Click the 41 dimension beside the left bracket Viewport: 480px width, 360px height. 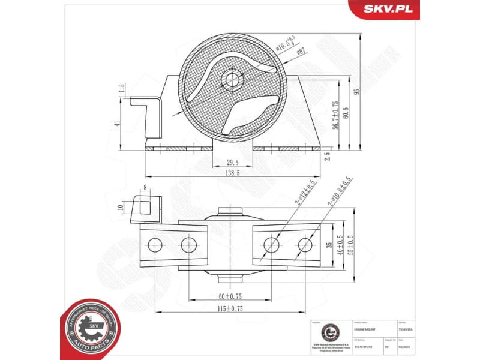[118, 123]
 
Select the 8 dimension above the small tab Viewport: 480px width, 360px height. [145, 188]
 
